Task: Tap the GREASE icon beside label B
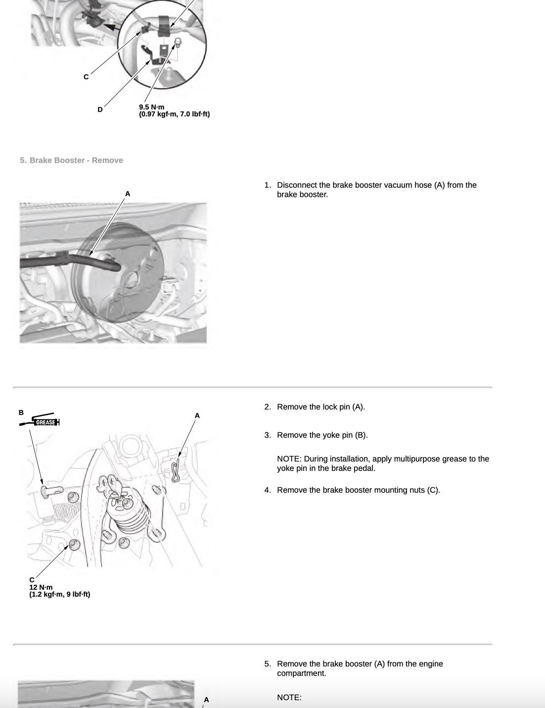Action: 45,422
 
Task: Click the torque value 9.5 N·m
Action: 151,107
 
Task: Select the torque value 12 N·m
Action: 41,587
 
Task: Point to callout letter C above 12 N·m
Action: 32,580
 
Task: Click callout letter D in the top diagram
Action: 100,109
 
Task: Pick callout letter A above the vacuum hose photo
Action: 128,194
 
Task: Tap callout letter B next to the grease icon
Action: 21,412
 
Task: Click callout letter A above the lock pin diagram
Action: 197,415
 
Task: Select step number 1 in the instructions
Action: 267,185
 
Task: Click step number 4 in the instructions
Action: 267,490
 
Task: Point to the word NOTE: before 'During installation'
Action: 289,459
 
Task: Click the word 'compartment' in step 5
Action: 301,673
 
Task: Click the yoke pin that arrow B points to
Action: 49,490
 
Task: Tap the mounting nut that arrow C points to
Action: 74,545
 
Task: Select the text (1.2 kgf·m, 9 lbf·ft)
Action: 60,594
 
